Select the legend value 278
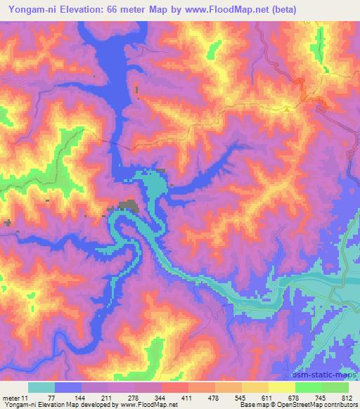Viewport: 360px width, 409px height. [134, 398]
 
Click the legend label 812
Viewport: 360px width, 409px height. [346, 398]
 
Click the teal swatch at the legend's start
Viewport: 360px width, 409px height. [41, 387]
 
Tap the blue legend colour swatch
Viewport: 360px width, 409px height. [68, 387]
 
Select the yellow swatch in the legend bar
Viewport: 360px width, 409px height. [282, 387]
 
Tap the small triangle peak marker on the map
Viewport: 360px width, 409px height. [287, 109]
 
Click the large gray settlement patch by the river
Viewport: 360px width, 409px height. [128, 206]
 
